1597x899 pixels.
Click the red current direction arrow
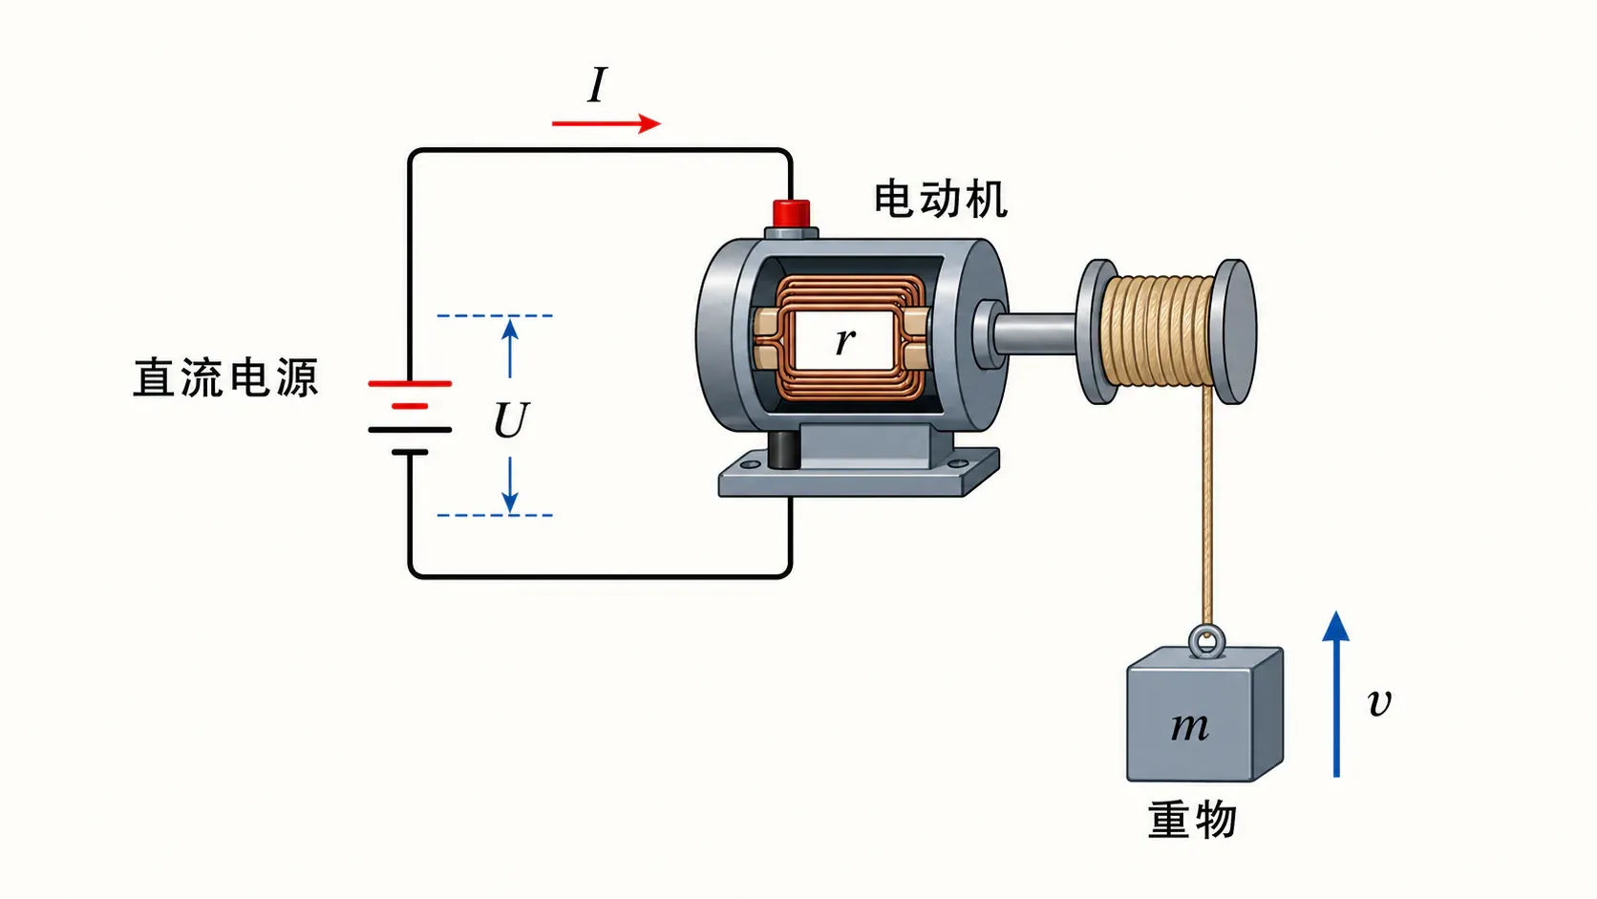tap(607, 123)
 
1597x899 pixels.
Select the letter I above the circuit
tap(598, 85)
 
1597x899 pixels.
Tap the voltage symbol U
tap(511, 420)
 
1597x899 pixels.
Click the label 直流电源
tap(225, 378)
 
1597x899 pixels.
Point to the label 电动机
tap(941, 199)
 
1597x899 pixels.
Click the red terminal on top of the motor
tap(792, 213)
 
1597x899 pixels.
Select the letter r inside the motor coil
tap(845, 341)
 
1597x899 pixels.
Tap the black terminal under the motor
tap(784, 450)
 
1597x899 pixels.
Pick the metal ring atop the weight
tap(1206, 641)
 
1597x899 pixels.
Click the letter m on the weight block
tap(1189, 727)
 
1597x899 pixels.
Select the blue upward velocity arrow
tap(1336, 694)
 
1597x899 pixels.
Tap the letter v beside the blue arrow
tap(1379, 702)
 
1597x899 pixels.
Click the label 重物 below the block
tap(1192, 820)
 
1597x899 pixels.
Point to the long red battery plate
tap(410, 383)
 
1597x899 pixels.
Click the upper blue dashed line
tap(495, 315)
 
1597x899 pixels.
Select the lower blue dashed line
tap(495, 515)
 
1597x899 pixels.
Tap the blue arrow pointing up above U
tap(510, 349)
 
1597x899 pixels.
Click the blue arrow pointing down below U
tap(510, 484)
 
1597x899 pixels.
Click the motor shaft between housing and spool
tap(1033, 333)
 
